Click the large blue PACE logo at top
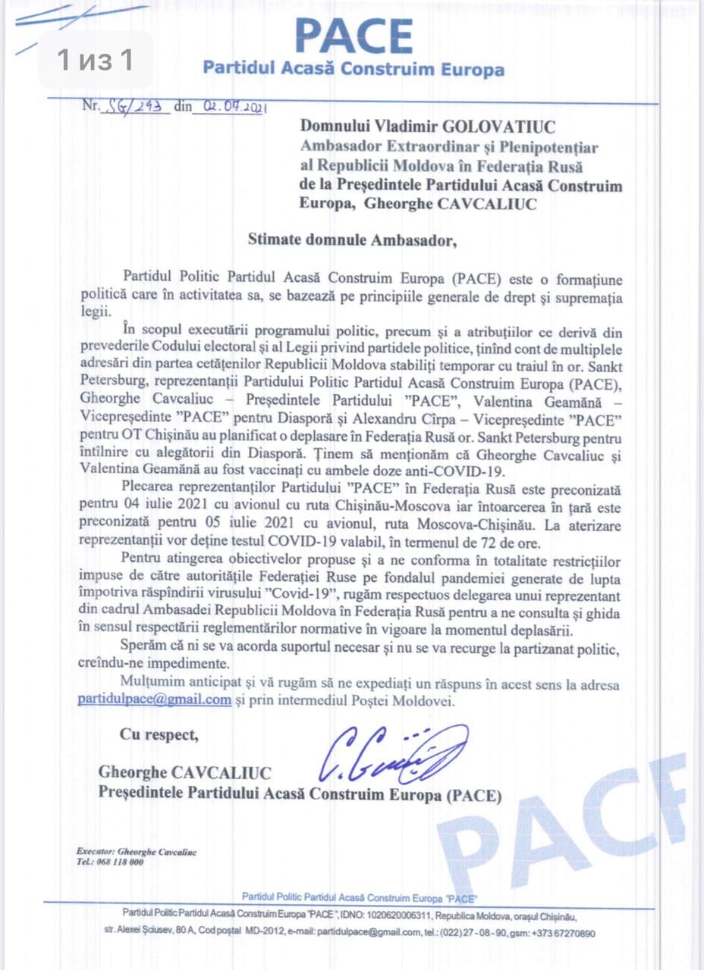(354, 36)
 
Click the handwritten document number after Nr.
(138, 107)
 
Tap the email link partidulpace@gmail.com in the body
(154, 699)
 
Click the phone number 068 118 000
(121, 862)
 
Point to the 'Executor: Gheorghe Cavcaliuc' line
(137, 852)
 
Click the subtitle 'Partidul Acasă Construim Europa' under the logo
(354, 70)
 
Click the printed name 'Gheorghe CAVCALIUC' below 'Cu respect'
(184, 773)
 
